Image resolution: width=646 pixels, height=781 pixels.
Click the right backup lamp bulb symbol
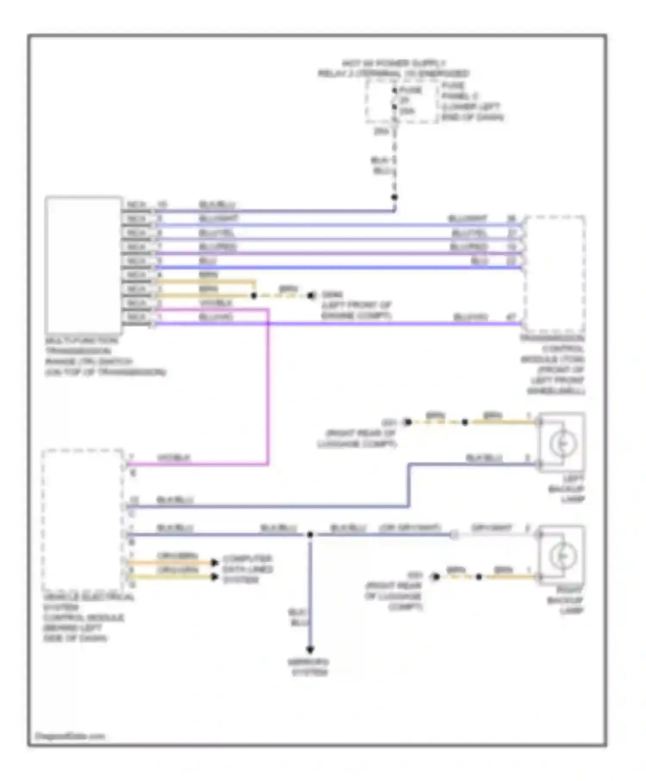coord(562,555)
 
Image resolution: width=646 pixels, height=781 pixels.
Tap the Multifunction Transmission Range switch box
coord(83,265)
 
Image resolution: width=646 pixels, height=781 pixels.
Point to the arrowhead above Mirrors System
coord(310,649)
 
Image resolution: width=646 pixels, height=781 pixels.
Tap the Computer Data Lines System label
coord(248,569)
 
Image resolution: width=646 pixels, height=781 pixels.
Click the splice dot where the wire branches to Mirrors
coord(310,535)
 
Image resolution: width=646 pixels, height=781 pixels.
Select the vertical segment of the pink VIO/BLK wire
coord(268,387)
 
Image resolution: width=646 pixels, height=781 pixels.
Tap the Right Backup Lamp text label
coord(565,600)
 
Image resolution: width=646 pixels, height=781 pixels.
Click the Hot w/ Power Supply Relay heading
coord(394,68)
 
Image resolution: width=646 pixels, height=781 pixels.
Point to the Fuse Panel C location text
coord(472,102)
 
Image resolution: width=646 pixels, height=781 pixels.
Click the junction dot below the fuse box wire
coord(394,198)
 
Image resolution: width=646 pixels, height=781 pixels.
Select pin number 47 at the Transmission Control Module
coord(511,317)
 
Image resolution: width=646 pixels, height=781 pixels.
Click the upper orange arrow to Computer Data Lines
coord(214,563)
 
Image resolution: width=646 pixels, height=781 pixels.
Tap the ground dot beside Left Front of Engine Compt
coord(311,295)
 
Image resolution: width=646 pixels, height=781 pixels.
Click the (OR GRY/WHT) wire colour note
coord(410,528)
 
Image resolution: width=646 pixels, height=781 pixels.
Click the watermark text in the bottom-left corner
coord(69,736)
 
